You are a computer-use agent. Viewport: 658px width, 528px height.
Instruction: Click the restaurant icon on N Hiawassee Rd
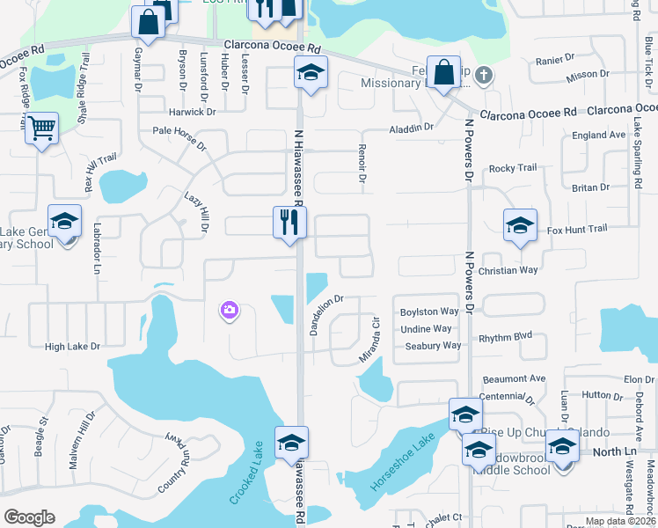click(x=289, y=224)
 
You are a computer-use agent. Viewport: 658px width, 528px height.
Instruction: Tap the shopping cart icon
click(x=41, y=128)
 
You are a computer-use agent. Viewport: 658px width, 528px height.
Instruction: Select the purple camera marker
click(x=230, y=309)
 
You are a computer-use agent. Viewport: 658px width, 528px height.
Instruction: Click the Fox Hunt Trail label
click(x=576, y=229)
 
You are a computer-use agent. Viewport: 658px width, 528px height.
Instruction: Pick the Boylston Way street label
click(x=429, y=312)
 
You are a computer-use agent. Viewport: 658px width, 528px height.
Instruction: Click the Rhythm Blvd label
click(x=505, y=337)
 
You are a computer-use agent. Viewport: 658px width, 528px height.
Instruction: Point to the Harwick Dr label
click(x=193, y=112)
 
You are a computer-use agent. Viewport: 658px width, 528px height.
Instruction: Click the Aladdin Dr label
click(x=412, y=128)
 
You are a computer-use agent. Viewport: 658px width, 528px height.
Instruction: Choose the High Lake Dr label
click(x=72, y=347)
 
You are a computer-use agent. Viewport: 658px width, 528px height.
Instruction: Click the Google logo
click(x=29, y=517)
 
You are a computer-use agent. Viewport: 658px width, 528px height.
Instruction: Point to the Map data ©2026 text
click(x=619, y=521)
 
